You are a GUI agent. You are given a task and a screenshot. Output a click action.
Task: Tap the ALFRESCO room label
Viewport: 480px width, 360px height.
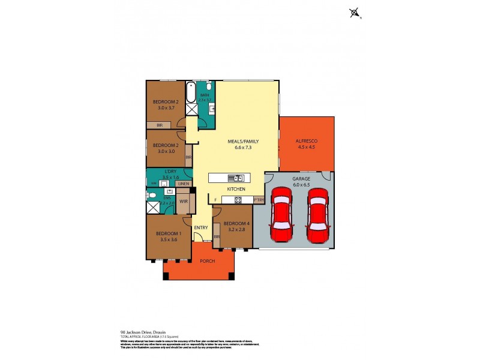[x=306, y=141]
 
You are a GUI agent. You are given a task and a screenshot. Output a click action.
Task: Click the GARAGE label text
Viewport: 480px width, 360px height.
[x=301, y=179]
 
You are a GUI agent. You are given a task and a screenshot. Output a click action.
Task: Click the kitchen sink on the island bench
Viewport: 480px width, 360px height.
[x=238, y=178]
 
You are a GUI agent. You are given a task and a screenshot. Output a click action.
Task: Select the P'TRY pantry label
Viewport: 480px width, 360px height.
[x=259, y=199]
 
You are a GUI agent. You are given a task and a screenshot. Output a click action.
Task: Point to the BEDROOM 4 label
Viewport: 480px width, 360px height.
[x=234, y=224]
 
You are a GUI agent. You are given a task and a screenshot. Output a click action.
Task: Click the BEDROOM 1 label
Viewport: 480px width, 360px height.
[x=168, y=233]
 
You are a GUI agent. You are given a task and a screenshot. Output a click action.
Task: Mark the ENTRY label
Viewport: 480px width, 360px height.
[x=201, y=227]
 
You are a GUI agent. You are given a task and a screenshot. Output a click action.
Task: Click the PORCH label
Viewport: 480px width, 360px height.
[x=199, y=260]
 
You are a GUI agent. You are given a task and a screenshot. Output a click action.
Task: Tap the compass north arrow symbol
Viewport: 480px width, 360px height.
[x=356, y=12]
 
